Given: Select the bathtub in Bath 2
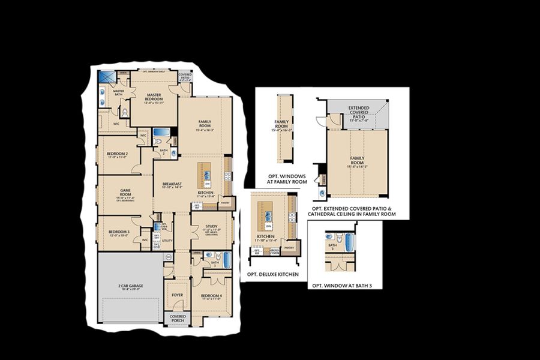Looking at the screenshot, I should click(x=161, y=133).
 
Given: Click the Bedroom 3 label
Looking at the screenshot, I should click(x=119, y=233).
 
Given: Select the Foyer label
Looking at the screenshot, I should click(x=178, y=295).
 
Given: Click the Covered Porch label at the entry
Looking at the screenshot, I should click(x=178, y=317).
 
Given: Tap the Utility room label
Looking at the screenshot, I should click(x=167, y=240).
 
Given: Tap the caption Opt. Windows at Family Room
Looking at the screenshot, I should click(x=287, y=179).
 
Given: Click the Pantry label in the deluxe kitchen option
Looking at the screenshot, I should click(x=289, y=248).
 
